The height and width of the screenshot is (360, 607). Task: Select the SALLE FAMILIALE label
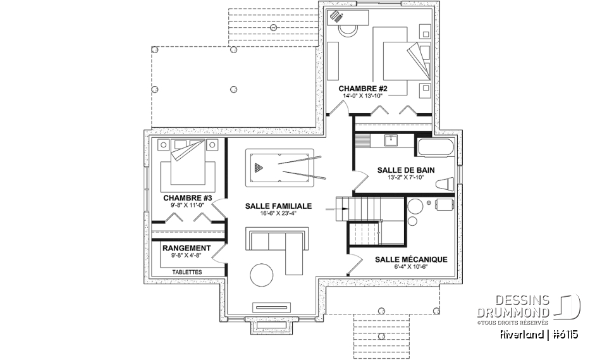(278, 206)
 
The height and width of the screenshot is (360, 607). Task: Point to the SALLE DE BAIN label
(405, 170)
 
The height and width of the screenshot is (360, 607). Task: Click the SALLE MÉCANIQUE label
(411, 259)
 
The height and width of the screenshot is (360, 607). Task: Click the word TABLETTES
(186, 271)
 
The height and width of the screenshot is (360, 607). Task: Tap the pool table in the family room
(278, 168)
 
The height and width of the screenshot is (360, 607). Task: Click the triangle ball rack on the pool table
(258, 168)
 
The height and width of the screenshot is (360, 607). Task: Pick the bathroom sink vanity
(390, 140)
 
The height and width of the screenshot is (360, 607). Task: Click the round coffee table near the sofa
(263, 275)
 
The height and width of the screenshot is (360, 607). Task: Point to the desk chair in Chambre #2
(347, 28)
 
